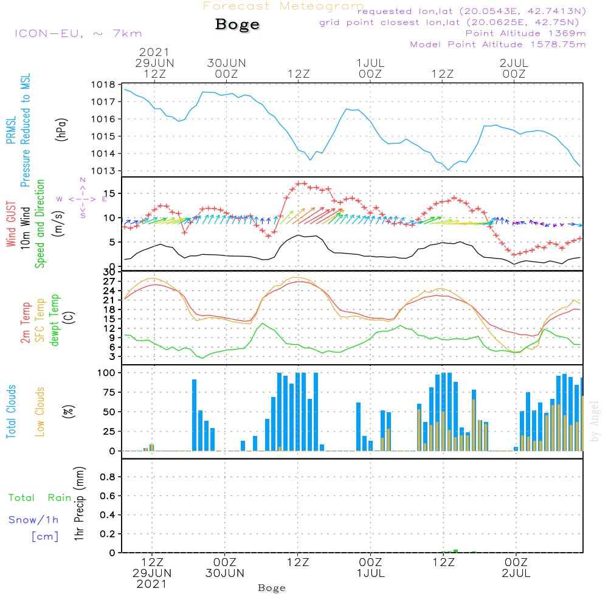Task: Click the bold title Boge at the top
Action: pyautogui.click(x=237, y=25)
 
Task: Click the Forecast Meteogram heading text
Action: pyautogui.click(x=283, y=6)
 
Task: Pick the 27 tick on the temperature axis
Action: pyautogui.click(x=110, y=281)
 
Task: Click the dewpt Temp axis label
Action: pyautogui.click(x=55, y=320)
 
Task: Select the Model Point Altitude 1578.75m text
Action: pyautogui.click(x=498, y=44)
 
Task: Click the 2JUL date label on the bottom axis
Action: pyautogui.click(x=516, y=573)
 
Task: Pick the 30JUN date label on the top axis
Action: pyautogui.click(x=226, y=63)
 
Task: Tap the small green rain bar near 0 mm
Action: pyautogui.click(x=455, y=551)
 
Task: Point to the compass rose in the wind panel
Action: pyautogui.click(x=83, y=198)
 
